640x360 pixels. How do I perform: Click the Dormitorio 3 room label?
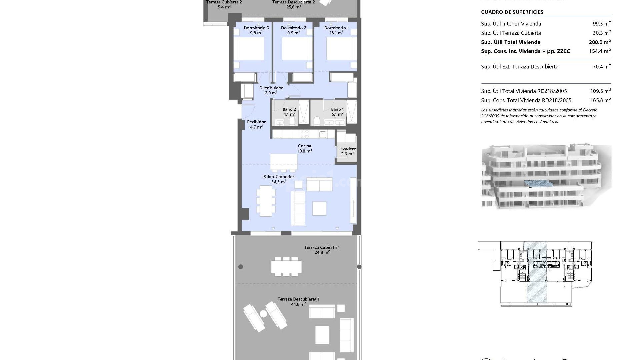[256, 28]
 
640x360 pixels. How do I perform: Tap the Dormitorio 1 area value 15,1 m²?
[336, 33]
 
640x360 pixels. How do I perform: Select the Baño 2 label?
[289, 109]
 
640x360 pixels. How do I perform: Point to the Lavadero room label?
[347, 149]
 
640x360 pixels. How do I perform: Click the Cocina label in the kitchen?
[304, 146]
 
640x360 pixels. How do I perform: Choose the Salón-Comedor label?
[279, 177]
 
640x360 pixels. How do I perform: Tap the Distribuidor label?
[271, 88]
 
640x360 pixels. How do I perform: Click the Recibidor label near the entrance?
[256, 122]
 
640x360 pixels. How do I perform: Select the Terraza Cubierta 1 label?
[322, 247]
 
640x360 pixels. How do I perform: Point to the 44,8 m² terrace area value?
[298, 304]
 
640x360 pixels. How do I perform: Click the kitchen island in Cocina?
[284, 162]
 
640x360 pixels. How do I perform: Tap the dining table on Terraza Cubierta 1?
[286, 267]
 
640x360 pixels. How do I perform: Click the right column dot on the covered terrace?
[359, 267]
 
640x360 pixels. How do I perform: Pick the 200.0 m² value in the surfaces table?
[600, 42]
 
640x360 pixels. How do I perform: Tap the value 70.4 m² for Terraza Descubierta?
[602, 67]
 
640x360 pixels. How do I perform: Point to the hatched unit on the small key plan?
[537, 273]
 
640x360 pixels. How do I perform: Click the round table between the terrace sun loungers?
[263, 314]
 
